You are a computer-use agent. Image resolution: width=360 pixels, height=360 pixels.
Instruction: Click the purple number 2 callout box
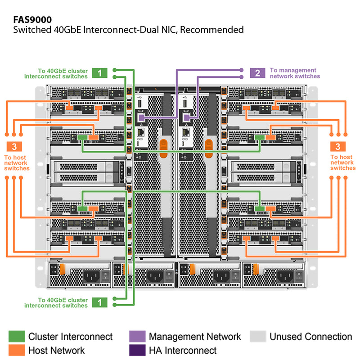(x=257, y=73)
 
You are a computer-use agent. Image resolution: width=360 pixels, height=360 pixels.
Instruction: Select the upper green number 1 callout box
(x=99, y=73)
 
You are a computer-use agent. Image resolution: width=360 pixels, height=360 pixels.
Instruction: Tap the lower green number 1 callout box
(x=99, y=302)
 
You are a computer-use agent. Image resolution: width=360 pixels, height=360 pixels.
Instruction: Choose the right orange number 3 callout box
(x=337, y=146)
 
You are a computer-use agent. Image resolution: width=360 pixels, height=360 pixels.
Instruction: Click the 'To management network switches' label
(x=295, y=73)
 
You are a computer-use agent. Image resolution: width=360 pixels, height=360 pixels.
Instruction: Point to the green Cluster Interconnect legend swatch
(x=17, y=337)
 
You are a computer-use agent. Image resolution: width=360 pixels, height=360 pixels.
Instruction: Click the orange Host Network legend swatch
(x=17, y=350)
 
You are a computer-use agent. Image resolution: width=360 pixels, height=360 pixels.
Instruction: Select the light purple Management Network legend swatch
(x=137, y=337)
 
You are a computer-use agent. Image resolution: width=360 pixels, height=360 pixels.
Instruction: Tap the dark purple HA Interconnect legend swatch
(x=137, y=350)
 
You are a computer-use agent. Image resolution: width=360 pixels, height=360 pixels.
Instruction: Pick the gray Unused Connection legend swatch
(x=258, y=337)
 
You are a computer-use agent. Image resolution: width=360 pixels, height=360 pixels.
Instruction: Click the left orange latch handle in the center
(x=164, y=147)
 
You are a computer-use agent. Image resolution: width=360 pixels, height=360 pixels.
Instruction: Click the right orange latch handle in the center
(x=208, y=147)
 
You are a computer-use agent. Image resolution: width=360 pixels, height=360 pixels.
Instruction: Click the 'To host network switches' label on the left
(x=16, y=163)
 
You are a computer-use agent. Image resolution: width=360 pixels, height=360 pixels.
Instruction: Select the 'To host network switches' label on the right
(x=343, y=163)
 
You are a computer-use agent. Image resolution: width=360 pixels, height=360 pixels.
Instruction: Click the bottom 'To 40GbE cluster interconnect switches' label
(x=62, y=303)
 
